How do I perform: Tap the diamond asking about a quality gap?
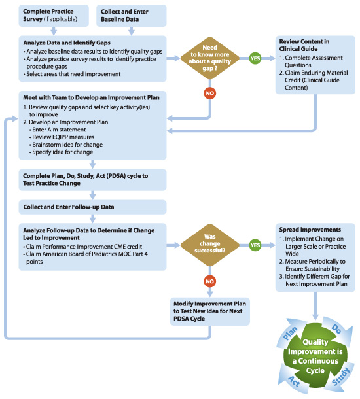coord(211,58)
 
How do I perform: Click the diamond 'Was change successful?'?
coord(211,245)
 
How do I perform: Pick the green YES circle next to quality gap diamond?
coord(255,58)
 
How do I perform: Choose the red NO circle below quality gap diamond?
coord(211,92)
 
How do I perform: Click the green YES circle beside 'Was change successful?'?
coord(255,245)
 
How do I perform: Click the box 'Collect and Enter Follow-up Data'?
coord(93,207)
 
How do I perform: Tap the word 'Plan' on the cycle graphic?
coord(289,336)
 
